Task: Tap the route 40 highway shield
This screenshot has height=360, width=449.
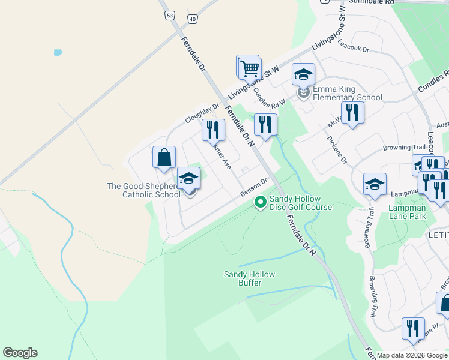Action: [192, 19]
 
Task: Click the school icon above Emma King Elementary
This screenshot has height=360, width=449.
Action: [303, 74]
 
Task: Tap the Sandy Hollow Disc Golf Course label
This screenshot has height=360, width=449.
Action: [300, 203]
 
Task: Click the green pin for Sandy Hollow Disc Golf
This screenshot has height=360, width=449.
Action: [260, 202]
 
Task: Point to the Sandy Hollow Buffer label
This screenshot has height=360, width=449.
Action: [249, 278]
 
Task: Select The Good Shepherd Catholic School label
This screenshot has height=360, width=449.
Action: [143, 190]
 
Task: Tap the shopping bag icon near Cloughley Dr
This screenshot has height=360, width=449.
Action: [164, 158]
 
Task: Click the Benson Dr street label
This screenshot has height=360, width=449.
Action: [253, 187]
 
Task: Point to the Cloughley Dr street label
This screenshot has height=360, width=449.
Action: [202, 112]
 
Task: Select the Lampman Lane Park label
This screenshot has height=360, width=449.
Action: [407, 212]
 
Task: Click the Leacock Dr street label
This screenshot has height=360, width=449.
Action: [353, 46]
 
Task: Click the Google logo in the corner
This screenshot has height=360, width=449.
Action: [20, 353]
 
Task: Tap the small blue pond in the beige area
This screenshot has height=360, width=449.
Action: [58, 52]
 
